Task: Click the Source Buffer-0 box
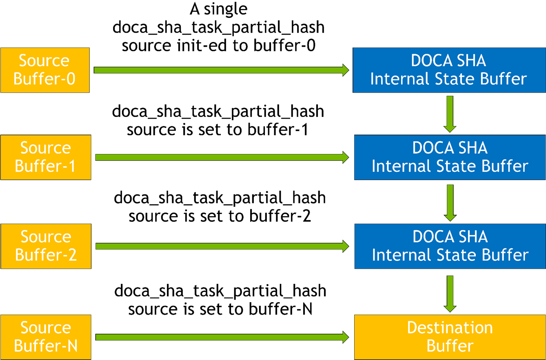(x=44, y=70)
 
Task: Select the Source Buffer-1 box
(x=45, y=157)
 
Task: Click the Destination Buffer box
(x=450, y=337)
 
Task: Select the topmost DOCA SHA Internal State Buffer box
(x=448, y=70)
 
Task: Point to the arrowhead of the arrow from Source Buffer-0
(x=345, y=70)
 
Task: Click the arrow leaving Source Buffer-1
(x=220, y=157)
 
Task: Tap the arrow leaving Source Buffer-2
(x=220, y=246)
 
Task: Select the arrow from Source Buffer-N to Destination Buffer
(x=220, y=337)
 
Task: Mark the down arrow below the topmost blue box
(x=450, y=114)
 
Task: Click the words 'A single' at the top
(x=219, y=9)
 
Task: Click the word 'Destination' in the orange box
(x=450, y=327)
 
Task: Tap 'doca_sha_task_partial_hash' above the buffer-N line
(x=220, y=291)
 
